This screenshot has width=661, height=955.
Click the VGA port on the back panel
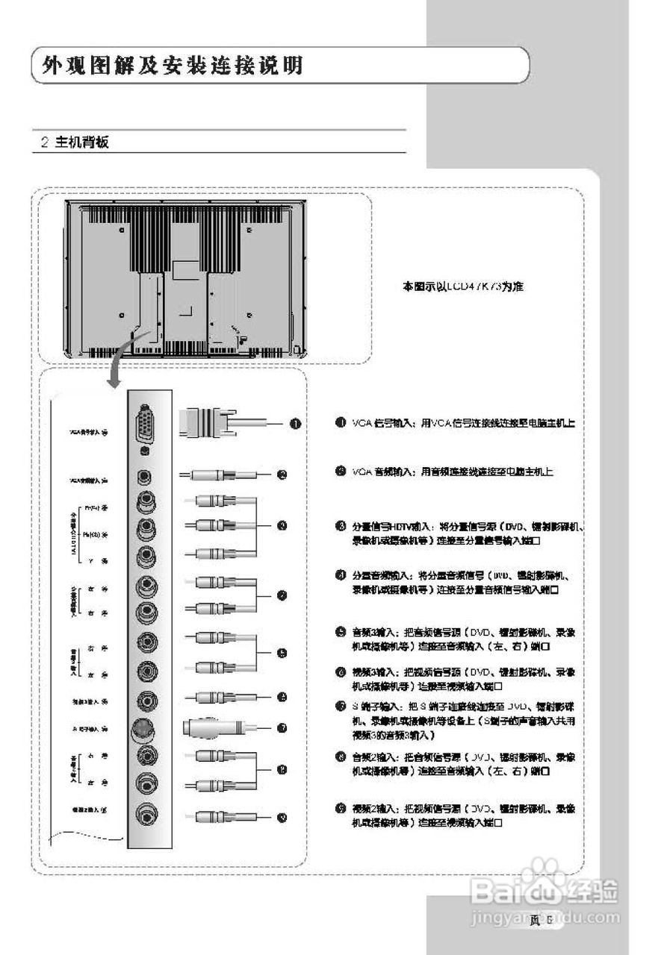[144, 424]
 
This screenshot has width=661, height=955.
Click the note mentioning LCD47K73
[462, 286]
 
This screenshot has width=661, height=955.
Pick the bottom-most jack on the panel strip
[145, 816]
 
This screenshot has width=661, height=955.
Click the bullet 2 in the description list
[340, 472]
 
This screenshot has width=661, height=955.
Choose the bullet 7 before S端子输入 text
[340, 706]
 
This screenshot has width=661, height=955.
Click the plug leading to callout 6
[217, 697]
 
